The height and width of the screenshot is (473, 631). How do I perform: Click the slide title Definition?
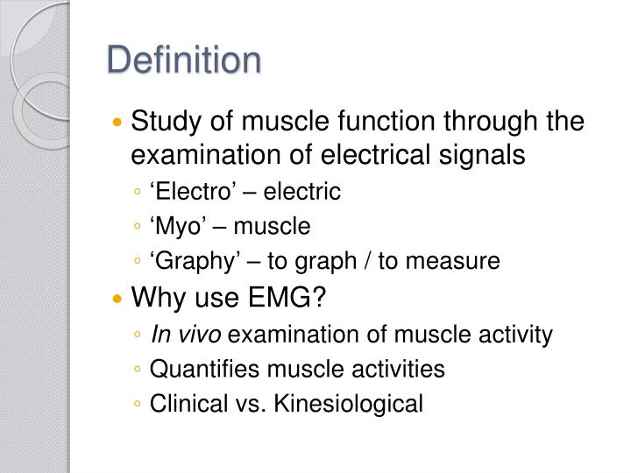[x=184, y=60]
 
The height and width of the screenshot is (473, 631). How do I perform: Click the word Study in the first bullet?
[x=162, y=122]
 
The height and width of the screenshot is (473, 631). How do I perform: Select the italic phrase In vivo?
[x=181, y=334]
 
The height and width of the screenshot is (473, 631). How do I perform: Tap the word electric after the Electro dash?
[x=304, y=191]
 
